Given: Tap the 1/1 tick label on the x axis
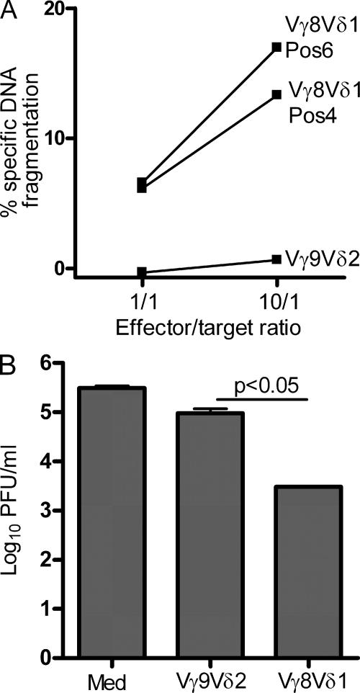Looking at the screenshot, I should pos(142,299).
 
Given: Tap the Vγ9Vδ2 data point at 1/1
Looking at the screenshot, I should pos(142,272).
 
